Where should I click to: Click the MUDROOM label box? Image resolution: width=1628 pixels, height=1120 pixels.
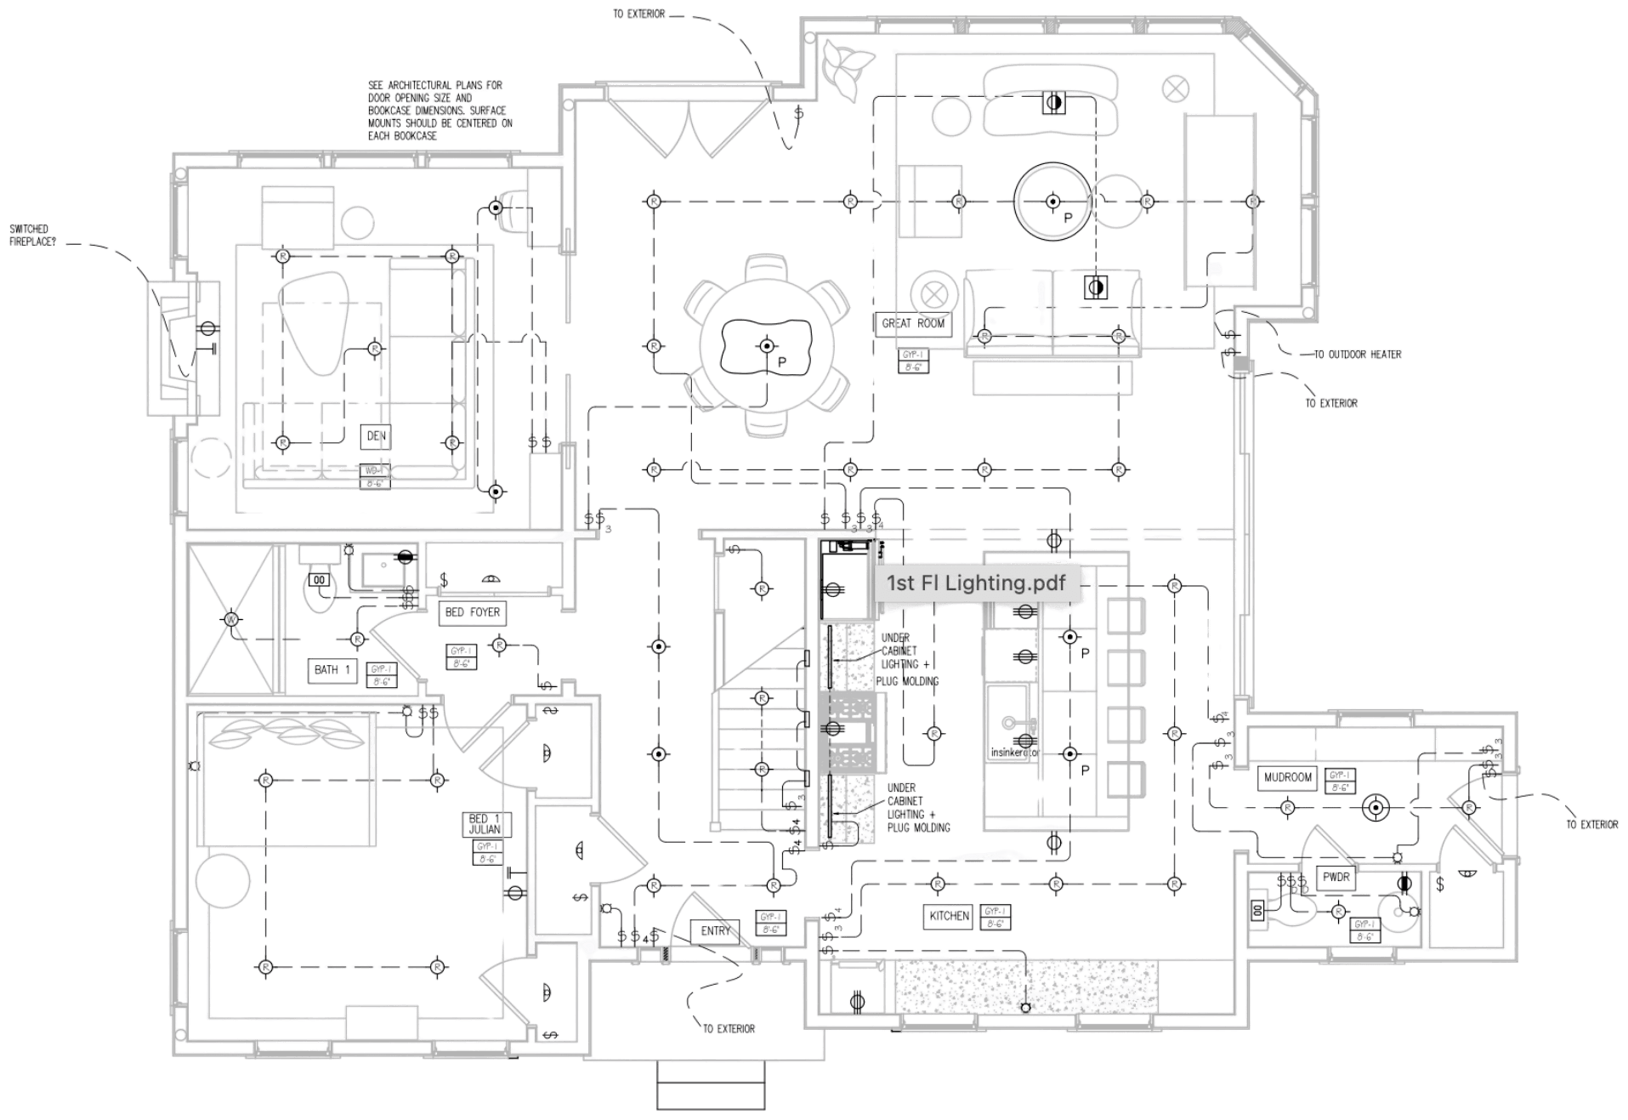tap(1289, 776)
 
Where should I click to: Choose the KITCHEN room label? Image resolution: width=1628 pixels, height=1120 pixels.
tap(949, 916)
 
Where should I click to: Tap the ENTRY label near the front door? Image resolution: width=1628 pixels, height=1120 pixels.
tap(715, 931)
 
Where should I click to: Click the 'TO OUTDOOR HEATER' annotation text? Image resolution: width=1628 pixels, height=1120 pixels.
tap(1358, 354)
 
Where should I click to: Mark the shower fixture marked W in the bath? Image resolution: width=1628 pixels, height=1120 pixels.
tap(232, 620)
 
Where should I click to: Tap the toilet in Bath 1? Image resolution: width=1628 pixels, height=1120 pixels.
tap(320, 591)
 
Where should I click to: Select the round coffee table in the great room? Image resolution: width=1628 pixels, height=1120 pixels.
tap(1052, 201)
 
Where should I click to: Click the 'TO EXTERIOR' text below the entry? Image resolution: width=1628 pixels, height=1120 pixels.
tap(729, 1029)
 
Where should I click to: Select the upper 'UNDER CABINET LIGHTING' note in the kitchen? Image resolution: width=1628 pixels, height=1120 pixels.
tap(910, 659)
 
